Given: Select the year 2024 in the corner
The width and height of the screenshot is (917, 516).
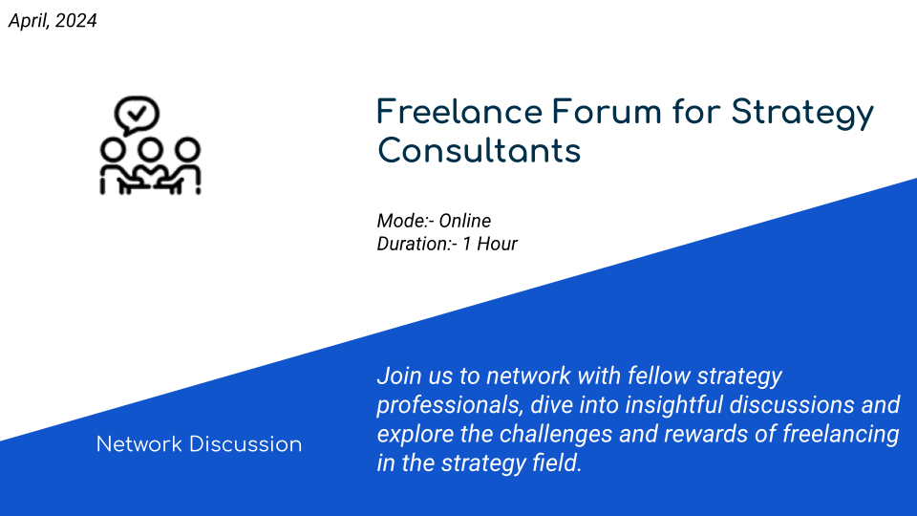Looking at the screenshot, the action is (x=76, y=20).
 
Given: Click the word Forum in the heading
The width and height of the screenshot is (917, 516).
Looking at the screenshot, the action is (x=607, y=112).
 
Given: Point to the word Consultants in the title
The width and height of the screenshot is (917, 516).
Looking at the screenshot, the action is (x=479, y=151).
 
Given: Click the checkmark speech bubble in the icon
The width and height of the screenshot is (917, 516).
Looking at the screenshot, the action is (x=137, y=115).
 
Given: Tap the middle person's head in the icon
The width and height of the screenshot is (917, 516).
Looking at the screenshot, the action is (x=150, y=150).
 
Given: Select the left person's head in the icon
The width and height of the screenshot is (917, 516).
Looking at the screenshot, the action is (x=113, y=150).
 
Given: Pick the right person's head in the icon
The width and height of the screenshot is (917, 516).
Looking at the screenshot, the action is (x=188, y=150).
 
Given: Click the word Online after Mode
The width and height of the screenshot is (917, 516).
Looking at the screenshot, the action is (x=465, y=221).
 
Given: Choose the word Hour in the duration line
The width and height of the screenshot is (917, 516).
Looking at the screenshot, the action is (x=497, y=244).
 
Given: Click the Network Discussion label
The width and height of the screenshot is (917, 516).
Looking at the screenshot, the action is (x=199, y=444).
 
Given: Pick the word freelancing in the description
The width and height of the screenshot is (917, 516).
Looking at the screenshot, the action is (x=841, y=434).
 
